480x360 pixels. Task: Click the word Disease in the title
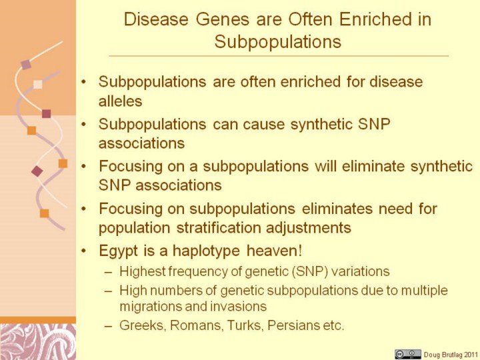(156, 19)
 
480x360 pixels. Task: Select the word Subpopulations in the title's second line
(277, 41)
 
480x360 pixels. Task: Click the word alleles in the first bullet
(120, 101)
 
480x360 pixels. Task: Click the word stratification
(217, 228)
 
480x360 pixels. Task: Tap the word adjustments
(308, 228)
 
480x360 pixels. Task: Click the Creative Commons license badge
(407, 354)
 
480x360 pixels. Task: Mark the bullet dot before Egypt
(83, 251)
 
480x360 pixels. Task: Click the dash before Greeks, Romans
(108, 326)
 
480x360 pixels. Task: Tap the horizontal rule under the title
(279, 56)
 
